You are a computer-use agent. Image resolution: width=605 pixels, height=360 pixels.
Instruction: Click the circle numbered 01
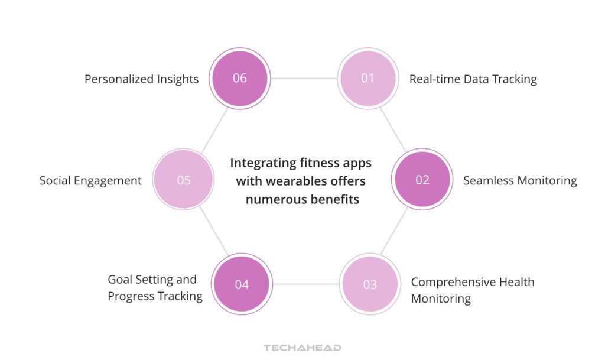(x=367, y=78)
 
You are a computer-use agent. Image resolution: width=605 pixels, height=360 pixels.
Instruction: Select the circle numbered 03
(x=370, y=284)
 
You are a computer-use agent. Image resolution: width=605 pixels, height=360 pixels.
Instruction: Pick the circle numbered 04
(x=242, y=284)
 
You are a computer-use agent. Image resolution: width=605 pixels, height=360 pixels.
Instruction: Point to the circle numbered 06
(x=240, y=78)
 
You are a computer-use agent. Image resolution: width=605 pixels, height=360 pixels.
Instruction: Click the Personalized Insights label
(x=141, y=79)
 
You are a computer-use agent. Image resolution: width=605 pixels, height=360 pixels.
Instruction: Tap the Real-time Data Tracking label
(x=473, y=79)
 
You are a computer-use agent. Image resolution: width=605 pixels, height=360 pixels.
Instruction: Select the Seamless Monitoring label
(x=520, y=180)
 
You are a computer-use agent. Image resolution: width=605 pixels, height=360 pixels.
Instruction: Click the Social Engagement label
(x=90, y=180)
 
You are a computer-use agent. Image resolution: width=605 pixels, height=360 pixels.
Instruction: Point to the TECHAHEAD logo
(x=302, y=348)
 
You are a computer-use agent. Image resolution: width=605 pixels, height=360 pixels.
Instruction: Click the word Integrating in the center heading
(x=262, y=163)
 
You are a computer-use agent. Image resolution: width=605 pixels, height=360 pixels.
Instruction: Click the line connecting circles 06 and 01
(x=304, y=78)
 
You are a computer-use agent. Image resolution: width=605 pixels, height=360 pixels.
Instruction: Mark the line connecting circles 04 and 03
(x=306, y=284)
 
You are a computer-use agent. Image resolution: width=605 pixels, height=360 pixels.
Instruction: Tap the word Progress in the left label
(x=130, y=296)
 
